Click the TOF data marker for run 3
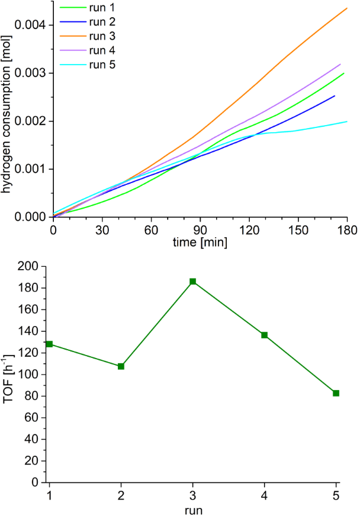[192, 282]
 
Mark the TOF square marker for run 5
[336, 393]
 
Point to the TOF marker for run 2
[121, 366]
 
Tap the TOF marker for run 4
[264, 335]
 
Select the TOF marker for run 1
[49, 344]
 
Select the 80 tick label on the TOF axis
[33, 396]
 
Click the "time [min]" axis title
[200, 242]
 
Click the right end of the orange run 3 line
[346, 8]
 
